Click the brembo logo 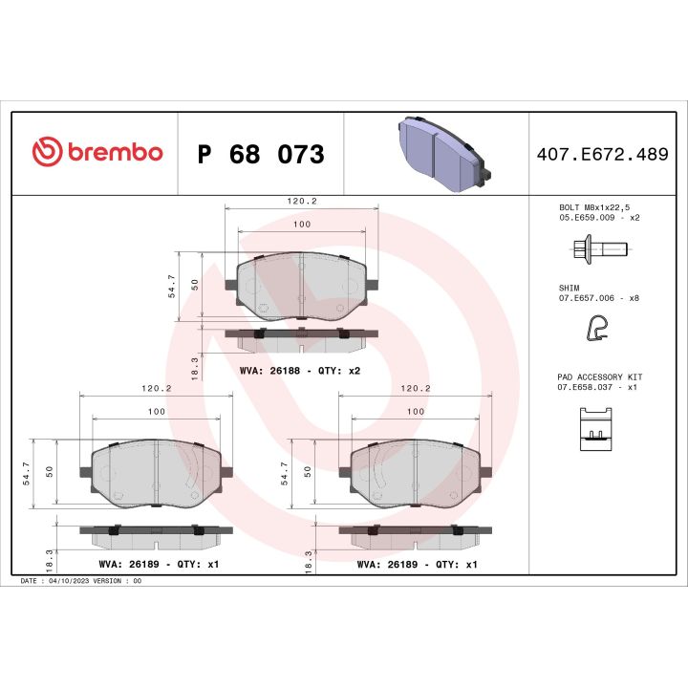[97, 153]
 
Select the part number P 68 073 [260, 155]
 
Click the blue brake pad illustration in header [442, 153]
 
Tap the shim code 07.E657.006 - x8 [598, 298]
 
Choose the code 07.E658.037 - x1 [598, 388]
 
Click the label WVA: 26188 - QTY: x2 [299, 370]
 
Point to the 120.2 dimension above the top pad [301, 202]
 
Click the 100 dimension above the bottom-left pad [156, 411]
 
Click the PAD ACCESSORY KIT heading [600, 377]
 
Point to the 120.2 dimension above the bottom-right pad [417, 389]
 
